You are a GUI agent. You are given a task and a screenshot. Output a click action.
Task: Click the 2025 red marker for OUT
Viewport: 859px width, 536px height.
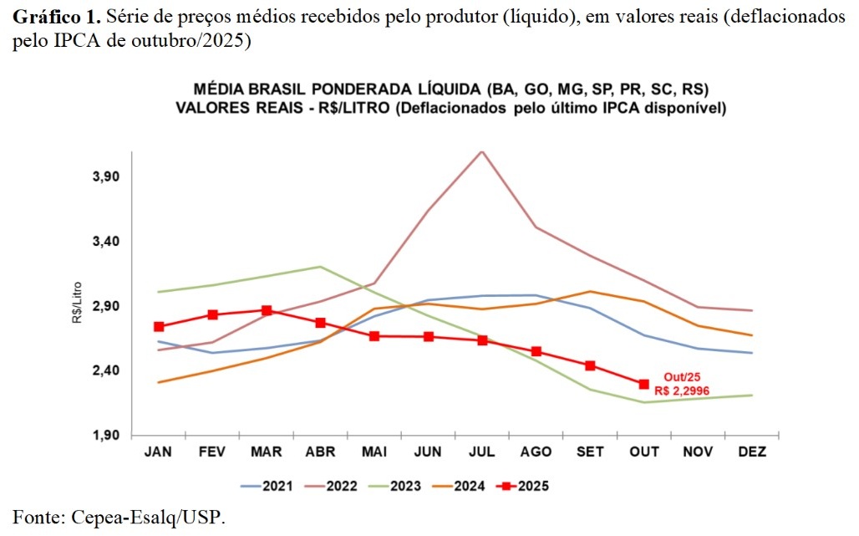643,384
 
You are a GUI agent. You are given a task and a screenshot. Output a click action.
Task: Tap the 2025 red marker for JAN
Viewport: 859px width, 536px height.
159,326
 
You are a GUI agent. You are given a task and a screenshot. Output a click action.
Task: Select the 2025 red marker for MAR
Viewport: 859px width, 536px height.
267,310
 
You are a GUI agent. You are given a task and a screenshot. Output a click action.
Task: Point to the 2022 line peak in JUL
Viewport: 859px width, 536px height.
482,151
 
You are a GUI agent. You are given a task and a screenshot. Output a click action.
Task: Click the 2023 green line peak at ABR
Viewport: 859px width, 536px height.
320,267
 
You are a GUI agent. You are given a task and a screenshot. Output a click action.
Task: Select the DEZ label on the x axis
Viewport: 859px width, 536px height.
752,452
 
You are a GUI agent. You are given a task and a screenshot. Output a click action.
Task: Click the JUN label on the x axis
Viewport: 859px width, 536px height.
428,452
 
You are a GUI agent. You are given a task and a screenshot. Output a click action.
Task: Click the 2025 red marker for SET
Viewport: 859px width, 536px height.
590,365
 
